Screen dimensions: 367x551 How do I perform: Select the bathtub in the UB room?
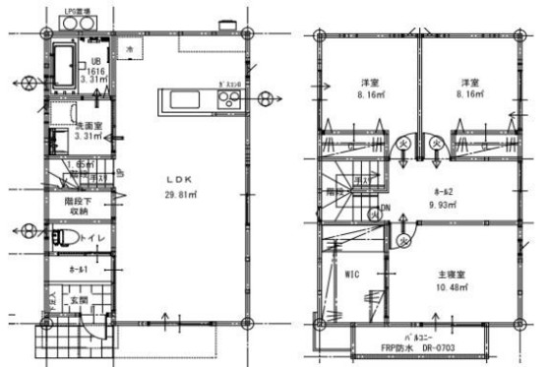point(60,63)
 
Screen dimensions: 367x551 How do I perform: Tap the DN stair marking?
point(385,207)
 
